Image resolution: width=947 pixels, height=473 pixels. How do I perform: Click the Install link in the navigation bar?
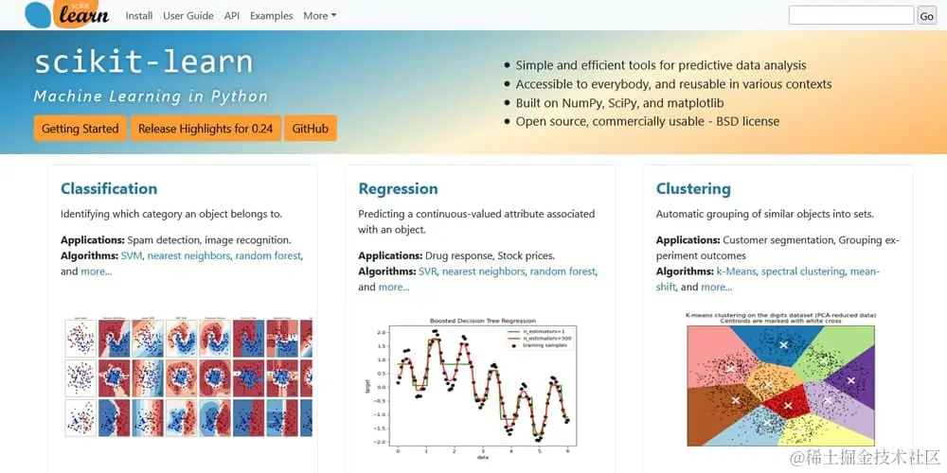(139, 16)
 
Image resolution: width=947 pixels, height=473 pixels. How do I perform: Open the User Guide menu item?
(188, 16)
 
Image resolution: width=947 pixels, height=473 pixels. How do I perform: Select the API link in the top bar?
(232, 16)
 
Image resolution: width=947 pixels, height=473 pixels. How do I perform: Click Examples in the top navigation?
(271, 16)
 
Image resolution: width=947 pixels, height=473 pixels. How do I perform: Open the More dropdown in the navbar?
(319, 16)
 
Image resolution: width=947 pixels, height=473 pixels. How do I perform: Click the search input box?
(850, 15)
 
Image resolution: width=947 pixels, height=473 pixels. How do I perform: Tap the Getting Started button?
(80, 129)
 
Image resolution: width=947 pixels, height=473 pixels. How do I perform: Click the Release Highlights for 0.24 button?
(205, 129)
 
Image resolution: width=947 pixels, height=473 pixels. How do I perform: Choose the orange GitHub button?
(311, 129)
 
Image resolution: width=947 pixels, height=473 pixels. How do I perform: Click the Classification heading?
(109, 188)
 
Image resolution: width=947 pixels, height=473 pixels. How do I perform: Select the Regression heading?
(398, 188)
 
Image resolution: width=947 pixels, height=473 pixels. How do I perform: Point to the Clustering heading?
(693, 188)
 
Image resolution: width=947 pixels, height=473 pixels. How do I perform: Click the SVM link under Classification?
(131, 255)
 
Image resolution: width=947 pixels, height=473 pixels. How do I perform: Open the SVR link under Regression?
(429, 272)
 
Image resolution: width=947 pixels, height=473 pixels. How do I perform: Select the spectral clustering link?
(803, 272)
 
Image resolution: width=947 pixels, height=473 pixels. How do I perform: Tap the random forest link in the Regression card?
(563, 272)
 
